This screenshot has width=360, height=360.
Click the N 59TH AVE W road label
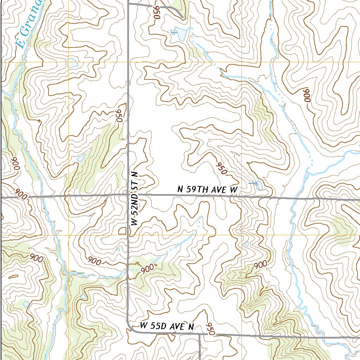pos(207,190)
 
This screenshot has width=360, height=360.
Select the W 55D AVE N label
pos(167,326)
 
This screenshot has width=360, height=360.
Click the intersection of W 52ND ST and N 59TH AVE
pos(128,194)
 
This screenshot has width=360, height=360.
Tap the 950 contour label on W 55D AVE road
pos(210,329)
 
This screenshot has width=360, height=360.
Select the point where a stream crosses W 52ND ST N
pos(128,270)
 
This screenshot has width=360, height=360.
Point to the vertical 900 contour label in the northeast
pos(307,95)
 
